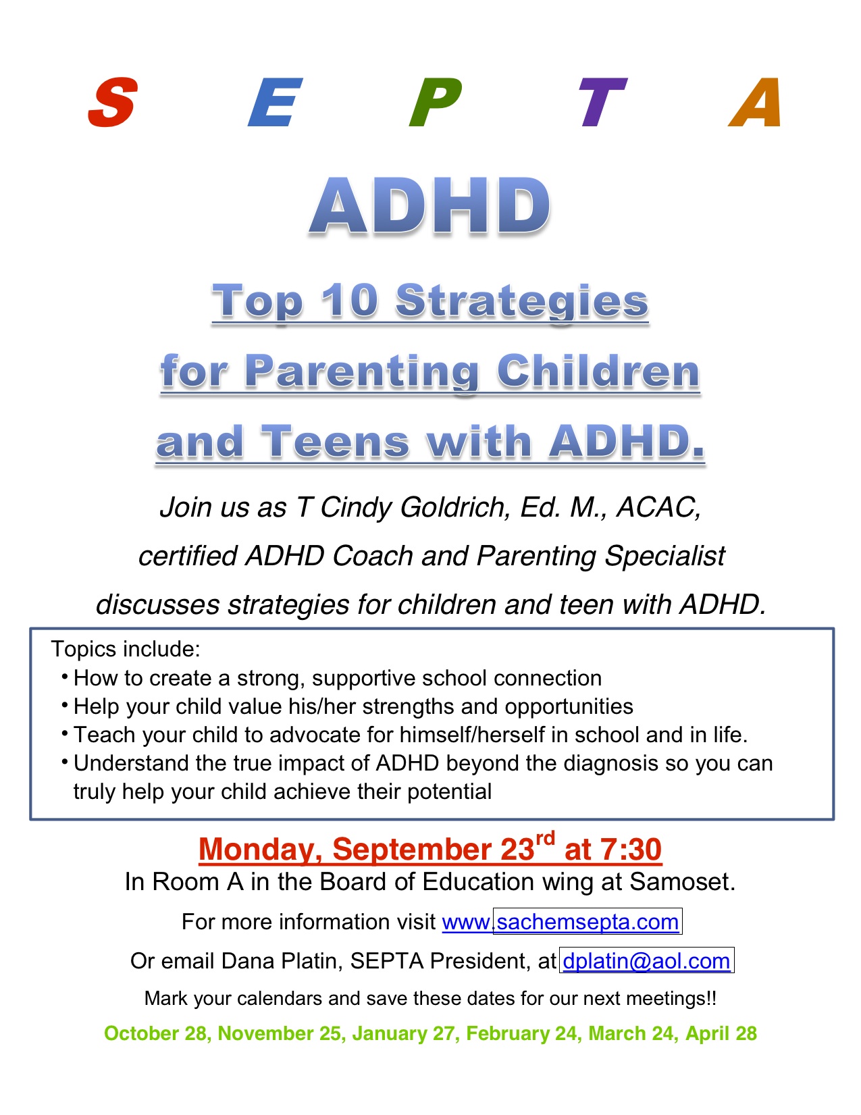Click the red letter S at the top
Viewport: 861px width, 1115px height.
pos(113,101)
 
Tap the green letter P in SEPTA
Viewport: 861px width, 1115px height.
pos(435,101)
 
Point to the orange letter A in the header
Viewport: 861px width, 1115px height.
pos(755,101)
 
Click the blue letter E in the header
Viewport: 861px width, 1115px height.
pos(275,101)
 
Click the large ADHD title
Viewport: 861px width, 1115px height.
pos(430,206)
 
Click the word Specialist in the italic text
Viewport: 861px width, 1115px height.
pos(664,556)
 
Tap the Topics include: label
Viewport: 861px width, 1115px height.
pos(125,649)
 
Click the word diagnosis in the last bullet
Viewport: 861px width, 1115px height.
pos(610,764)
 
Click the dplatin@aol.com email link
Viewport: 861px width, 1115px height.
pos(646,961)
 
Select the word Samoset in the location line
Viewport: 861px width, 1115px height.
pos(682,881)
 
